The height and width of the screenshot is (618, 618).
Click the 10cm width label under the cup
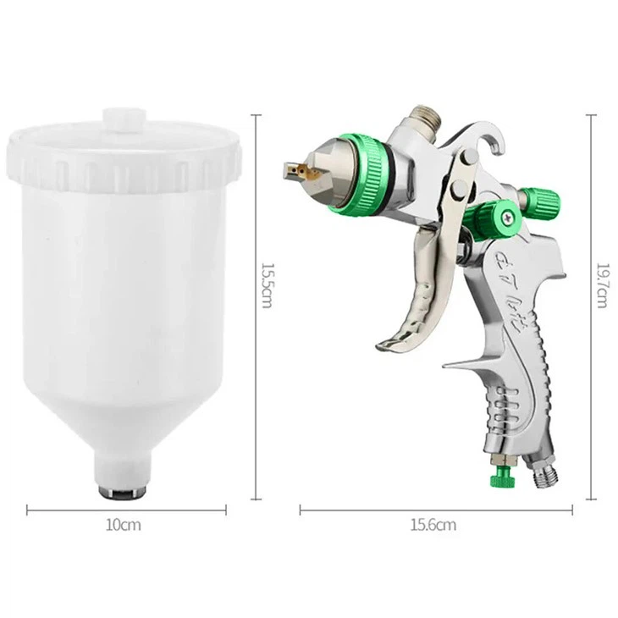[124, 525]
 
